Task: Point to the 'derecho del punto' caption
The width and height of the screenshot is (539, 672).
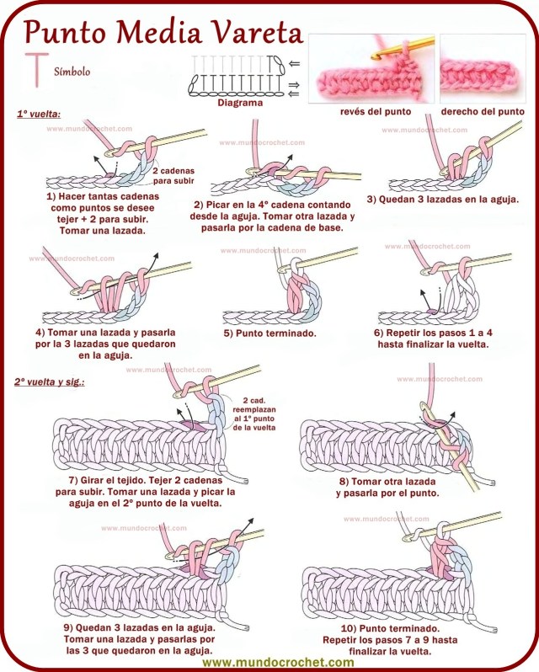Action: (483, 111)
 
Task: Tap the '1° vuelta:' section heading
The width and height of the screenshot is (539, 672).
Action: (39, 114)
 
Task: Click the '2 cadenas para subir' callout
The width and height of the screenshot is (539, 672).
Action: (172, 175)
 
